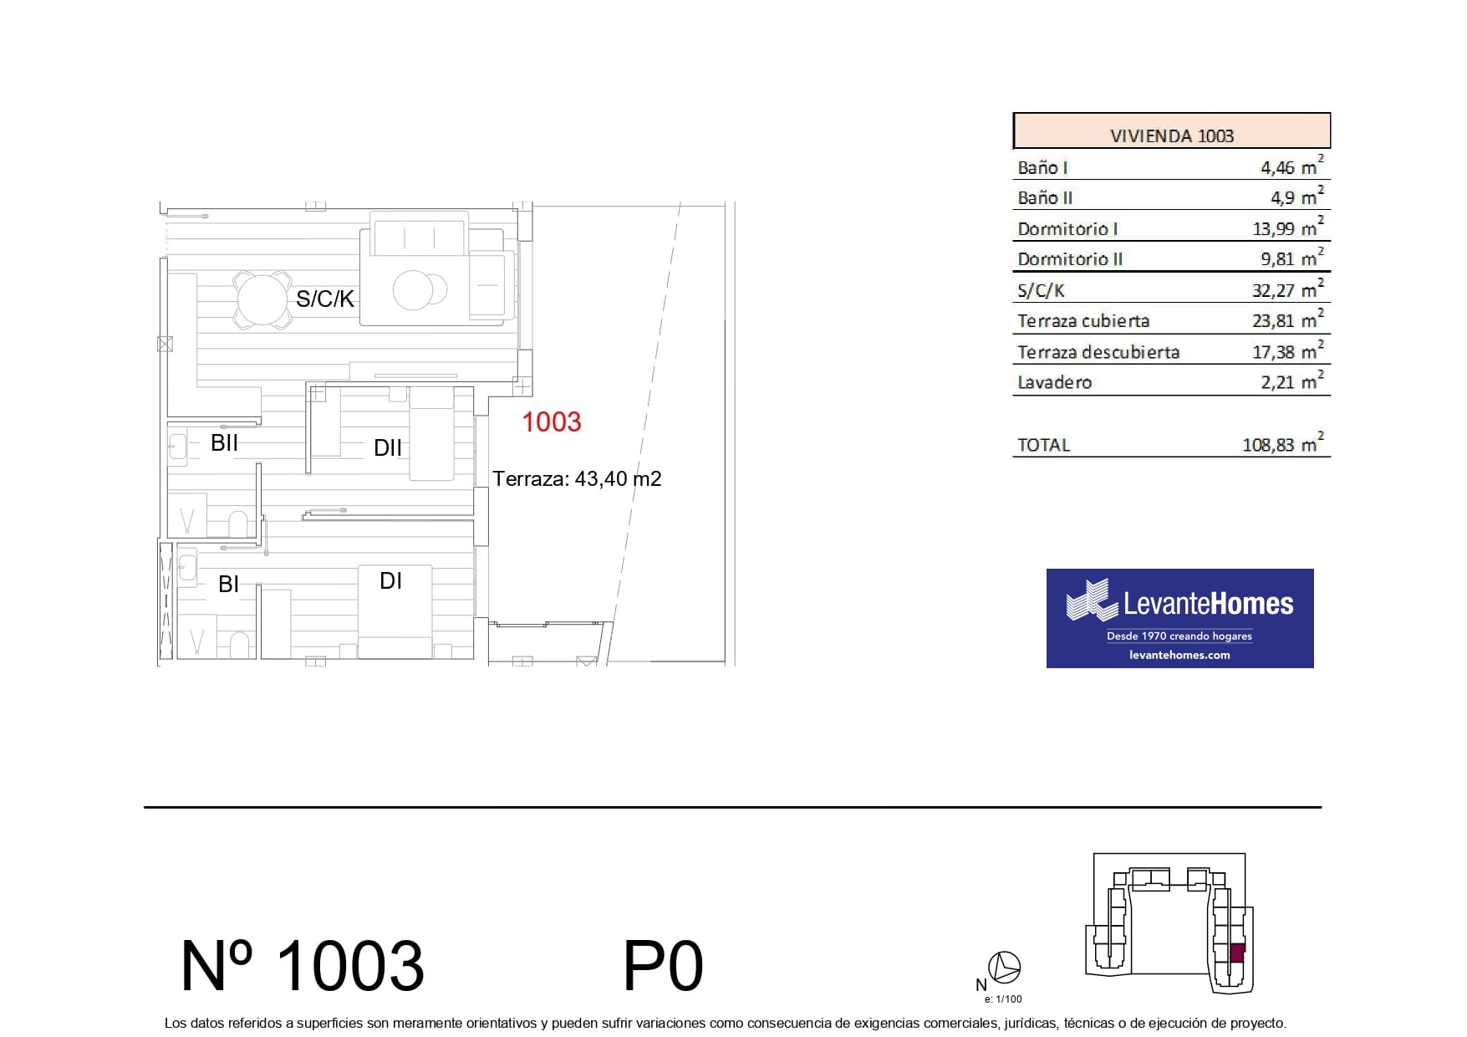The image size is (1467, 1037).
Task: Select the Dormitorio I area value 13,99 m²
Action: point(1291,227)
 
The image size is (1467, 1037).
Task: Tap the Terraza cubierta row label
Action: point(1083,321)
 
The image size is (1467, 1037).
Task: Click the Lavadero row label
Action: point(1055,382)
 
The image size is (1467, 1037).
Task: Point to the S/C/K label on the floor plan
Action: point(325,299)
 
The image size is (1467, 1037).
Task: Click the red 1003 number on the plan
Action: point(552,421)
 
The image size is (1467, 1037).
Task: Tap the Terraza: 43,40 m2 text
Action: point(577,479)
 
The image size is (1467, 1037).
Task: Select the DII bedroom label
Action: point(388,448)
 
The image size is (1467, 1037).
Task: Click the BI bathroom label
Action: point(228,584)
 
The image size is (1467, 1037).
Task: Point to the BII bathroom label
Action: point(224,442)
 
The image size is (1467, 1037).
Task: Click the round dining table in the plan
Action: point(262,299)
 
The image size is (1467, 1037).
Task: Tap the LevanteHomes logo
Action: point(1179,618)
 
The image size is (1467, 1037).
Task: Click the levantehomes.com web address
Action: point(1179,655)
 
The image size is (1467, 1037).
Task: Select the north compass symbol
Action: point(1004,968)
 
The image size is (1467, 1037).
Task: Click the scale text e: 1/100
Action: point(1003,999)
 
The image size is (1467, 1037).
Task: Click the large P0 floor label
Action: point(664,966)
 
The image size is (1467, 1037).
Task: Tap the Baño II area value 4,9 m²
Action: point(1297,197)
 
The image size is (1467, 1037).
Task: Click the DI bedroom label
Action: point(390,580)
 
